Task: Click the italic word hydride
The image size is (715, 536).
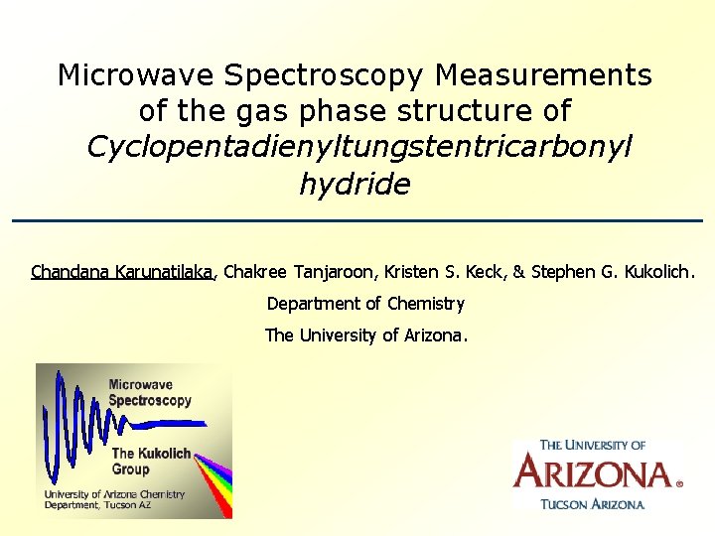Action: click(x=355, y=184)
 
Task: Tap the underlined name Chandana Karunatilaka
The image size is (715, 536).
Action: click(x=123, y=271)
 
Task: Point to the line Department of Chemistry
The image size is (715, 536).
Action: click(x=365, y=304)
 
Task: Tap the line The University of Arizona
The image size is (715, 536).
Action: click(x=365, y=335)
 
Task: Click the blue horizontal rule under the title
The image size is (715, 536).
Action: click(x=357, y=220)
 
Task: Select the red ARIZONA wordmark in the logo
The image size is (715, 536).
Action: click(x=594, y=472)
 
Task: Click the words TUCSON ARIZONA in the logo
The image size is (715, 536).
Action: click(x=593, y=504)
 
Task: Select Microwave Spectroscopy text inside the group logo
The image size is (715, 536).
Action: click(x=150, y=392)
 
